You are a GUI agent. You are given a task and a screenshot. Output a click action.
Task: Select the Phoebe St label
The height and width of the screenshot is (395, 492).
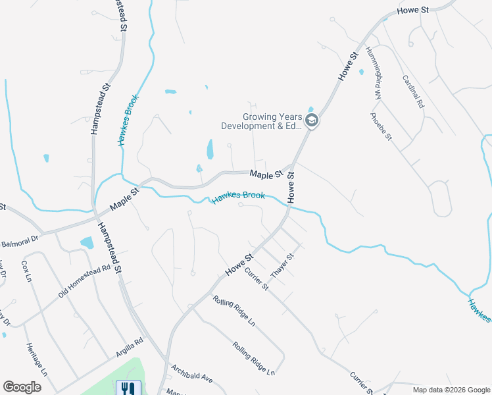coord(381,127)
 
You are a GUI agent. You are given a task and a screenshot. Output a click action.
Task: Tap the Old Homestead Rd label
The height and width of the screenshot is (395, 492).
coord(84,282)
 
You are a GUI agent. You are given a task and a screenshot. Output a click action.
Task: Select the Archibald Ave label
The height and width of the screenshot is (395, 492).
coord(192,373)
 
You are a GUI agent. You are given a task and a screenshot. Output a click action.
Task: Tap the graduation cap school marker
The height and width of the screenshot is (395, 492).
coord(312,120)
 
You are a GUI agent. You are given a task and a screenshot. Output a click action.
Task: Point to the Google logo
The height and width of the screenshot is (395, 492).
coord(22,387)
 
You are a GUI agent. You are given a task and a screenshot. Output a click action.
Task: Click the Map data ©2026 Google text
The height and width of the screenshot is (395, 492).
coord(451,390)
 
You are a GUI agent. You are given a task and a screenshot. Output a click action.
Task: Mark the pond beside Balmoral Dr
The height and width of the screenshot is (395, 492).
coord(87,242)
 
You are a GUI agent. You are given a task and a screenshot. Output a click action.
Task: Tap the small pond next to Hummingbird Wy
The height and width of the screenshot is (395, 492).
coord(361,72)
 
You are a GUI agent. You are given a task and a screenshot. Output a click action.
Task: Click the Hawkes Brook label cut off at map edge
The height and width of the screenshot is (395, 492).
coord(479,311)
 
